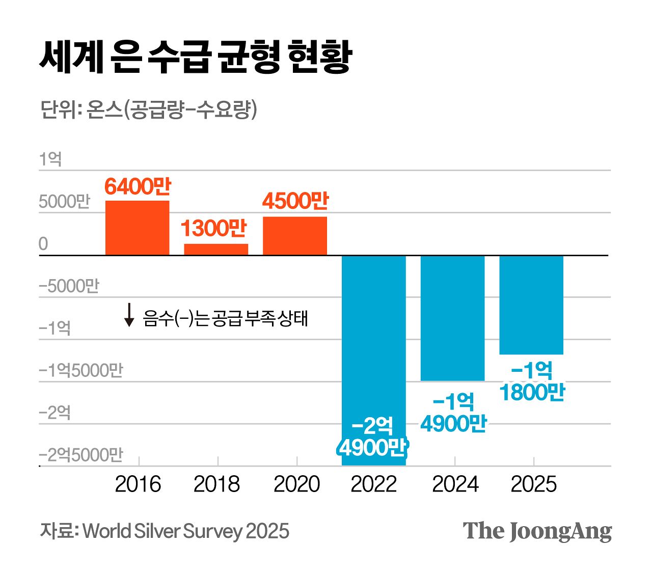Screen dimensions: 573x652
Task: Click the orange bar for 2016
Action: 137,228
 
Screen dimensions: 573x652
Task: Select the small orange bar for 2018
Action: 216,250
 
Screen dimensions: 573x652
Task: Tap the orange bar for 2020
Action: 295,236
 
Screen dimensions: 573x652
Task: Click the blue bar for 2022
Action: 373,336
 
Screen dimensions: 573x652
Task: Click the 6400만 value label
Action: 138,187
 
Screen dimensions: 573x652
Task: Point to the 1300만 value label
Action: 213,229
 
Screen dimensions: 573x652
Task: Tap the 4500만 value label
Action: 295,201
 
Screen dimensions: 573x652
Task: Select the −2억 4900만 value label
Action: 373,437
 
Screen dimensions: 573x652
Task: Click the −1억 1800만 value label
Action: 532,381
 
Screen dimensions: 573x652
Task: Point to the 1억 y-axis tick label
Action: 50,159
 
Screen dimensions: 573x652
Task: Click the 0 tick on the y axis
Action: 43,244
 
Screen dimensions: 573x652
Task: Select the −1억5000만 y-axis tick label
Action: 81,370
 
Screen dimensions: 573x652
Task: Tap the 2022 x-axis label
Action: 373,484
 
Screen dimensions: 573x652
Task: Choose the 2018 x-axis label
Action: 216,484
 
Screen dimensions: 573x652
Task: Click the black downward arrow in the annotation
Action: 129,315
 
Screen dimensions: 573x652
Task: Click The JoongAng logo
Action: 537,531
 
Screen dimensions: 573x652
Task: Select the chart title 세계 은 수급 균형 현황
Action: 196,56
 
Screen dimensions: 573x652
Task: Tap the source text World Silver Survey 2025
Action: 186,531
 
